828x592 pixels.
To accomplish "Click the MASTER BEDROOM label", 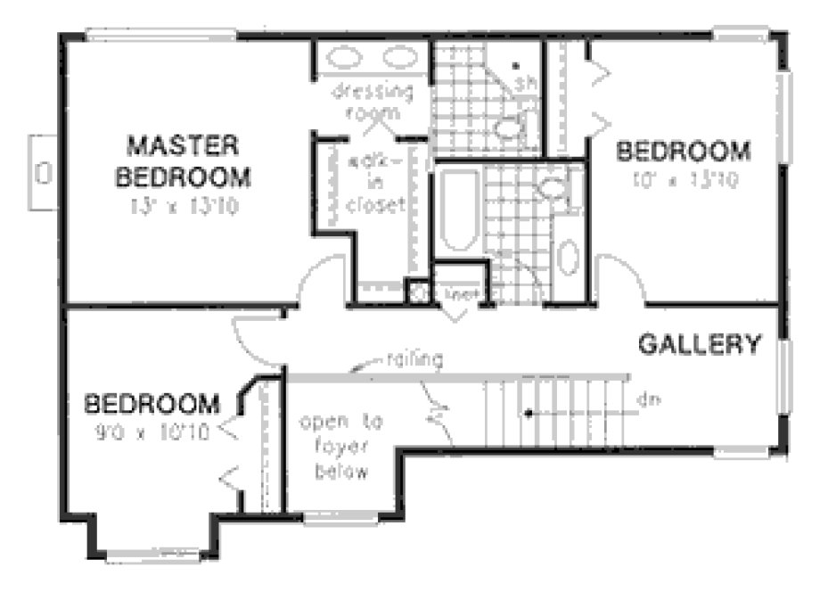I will [183, 160].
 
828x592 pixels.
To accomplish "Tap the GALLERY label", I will [701, 343].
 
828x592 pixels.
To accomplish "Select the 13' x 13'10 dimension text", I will [183, 207].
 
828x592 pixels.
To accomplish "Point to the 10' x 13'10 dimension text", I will [685, 178].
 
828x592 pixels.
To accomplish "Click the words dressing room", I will [373, 101].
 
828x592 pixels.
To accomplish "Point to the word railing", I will [415, 360].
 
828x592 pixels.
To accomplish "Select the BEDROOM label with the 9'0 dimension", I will [152, 405].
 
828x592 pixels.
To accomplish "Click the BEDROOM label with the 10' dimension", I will [685, 150].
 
